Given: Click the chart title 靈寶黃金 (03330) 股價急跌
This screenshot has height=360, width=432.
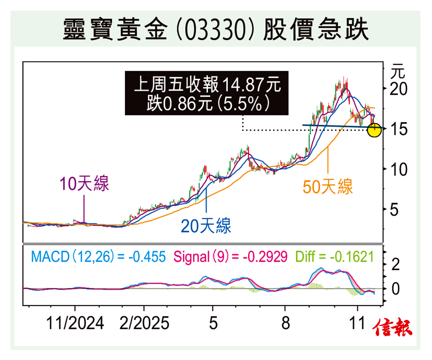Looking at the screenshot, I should pyautogui.click(x=216, y=29).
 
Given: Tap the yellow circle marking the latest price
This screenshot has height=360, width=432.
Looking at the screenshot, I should pyautogui.click(x=374, y=130).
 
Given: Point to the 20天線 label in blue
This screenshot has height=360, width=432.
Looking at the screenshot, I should pyautogui.click(x=206, y=227).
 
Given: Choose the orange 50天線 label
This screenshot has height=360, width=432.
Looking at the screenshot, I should pyautogui.click(x=328, y=186).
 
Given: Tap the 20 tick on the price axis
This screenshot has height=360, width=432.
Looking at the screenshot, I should pyautogui.click(x=398, y=89).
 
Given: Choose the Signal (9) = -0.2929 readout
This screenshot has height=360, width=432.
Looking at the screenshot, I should pyautogui.click(x=230, y=256).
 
